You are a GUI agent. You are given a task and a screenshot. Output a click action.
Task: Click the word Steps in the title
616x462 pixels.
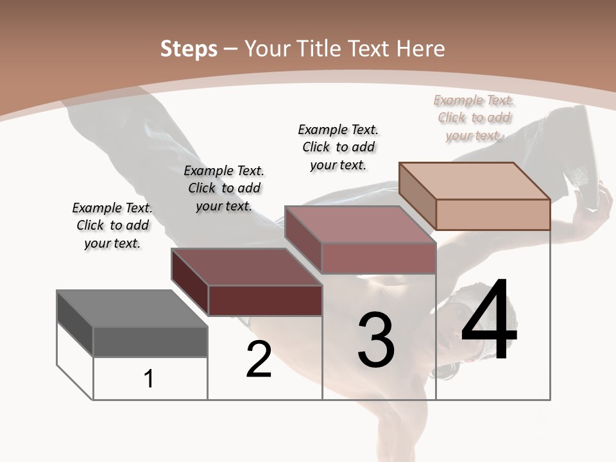(x=189, y=49)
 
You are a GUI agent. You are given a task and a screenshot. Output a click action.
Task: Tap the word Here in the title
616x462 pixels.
(x=420, y=49)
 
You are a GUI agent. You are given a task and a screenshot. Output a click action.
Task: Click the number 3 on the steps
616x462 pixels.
(x=376, y=340)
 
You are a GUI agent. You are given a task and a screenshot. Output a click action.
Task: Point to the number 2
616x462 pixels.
(x=259, y=359)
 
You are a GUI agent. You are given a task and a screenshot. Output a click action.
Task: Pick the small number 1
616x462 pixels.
(x=149, y=379)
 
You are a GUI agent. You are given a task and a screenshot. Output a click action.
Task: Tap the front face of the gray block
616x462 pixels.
(x=150, y=341)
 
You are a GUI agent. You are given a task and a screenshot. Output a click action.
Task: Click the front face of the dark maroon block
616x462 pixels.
(x=265, y=300)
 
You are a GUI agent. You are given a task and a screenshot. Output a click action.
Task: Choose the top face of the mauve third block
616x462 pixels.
(x=360, y=225)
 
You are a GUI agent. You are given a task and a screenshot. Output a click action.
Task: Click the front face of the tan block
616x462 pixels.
(x=493, y=214)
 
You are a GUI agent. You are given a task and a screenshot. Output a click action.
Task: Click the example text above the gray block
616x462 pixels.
(x=112, y=225)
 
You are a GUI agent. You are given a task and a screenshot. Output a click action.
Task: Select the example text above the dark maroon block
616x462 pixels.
(x=224, y=188)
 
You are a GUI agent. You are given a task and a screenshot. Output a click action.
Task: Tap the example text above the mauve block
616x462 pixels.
(x=338, y=147)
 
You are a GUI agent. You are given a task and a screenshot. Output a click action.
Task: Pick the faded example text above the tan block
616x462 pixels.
(x=474, y=117)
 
